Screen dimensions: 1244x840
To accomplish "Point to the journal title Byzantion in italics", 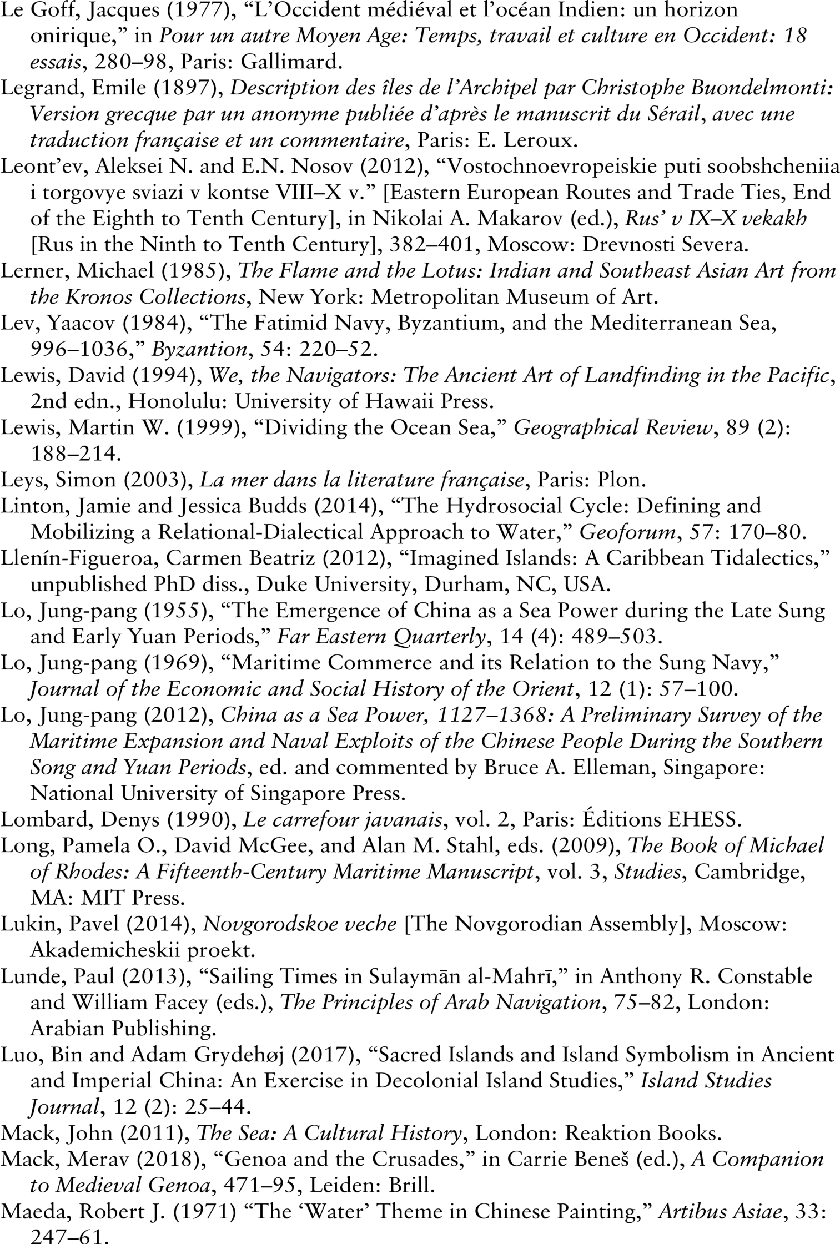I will click(x=199, y=349).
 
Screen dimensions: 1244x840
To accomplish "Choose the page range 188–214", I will click(x=75, y=454).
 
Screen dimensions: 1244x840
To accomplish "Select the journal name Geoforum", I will click(x=627, y=532).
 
